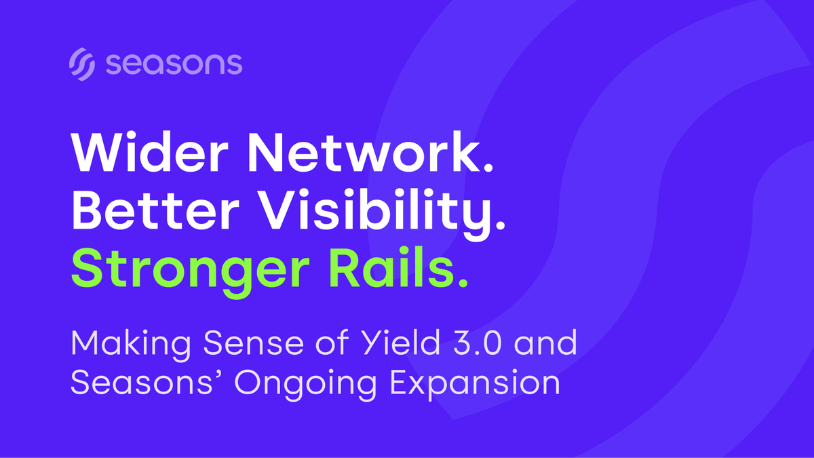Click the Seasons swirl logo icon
click(x=82, y=64)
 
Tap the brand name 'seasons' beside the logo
click(x=174, y=64)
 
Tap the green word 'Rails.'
click(x=399, y=267)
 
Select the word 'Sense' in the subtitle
click(x=253, y=343)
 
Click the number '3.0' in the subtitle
click(x=478, y=343)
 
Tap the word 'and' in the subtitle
click(x=545, y=342)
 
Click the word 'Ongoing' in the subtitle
click(x=305, y=385)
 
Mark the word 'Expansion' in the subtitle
click(x=475, y=385)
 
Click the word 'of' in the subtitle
click(x=332, y=342)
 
